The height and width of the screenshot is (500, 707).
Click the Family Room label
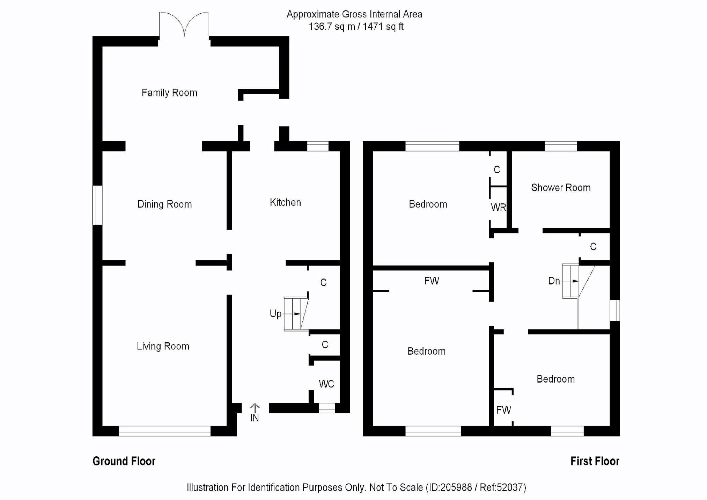[x=169, y=93]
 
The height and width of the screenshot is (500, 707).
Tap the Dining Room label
[x=164, y=204]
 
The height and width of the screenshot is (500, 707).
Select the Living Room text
[x=163, y=346]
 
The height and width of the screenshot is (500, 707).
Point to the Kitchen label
[x=285, y=203]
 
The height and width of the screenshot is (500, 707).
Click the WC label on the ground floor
[x=326, y=384]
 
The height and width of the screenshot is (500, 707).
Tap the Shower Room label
[x=561, y=188]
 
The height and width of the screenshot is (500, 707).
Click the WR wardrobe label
[x=498, y=208]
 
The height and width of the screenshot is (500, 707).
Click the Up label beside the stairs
[x=275, y=314]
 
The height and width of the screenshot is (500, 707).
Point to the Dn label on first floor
[x=554, y=281]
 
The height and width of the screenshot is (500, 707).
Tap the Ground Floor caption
[x=124, y=461]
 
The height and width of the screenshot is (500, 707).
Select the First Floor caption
[x=595, y=461]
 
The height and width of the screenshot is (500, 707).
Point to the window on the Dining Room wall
[x=97, y=205]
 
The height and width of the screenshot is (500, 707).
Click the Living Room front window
[x=164, y=431]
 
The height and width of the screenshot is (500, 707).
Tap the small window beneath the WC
[x=327, y=408]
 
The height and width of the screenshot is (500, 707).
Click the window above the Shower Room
[x=561, y=146]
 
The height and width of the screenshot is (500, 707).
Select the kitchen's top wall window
[x=318, y=146]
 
